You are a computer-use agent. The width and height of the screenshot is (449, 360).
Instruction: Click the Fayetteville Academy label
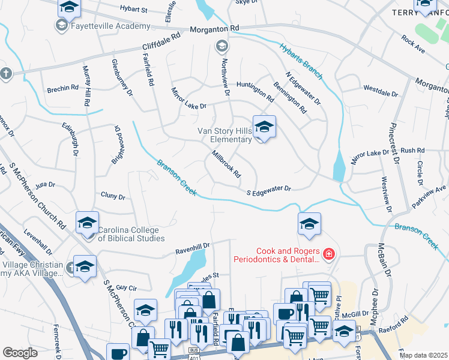[x=110, y=26]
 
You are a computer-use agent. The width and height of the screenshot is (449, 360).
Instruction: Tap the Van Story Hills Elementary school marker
[x=264, y=128]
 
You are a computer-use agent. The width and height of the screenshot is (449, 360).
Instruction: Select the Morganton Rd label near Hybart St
[x=214, y=28]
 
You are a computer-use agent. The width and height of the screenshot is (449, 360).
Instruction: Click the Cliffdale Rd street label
[x=161, y=41]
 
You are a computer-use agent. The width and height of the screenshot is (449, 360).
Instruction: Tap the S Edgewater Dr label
[x=269, y=189]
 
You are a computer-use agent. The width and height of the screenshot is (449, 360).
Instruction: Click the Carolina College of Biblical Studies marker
[x=87, y=223]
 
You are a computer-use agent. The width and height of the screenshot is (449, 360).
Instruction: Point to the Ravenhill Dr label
[x=192, y=245]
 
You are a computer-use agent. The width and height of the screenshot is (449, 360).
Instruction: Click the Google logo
[x=20, y=353]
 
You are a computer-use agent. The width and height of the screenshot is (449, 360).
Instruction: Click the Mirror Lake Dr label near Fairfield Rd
[x=188, y=98]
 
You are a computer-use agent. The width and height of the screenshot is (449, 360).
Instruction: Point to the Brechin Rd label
[x=62, y=89]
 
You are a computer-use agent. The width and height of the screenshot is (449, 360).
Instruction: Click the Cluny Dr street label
[x=113, y=196]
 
